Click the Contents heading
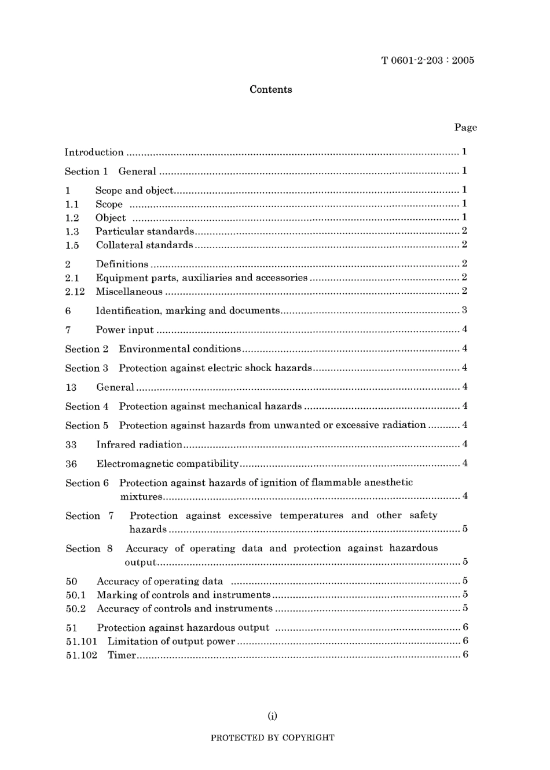coord(271,89)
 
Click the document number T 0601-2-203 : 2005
coord(428,60)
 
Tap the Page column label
coord(465,128)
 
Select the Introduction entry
coord(94,152)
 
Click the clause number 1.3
coord(72,231)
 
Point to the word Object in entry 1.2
coord(111,218)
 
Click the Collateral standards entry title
coord(145,245)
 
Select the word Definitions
coord(122,264)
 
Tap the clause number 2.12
coord(75,292)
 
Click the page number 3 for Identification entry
coord(464,310)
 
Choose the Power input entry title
coord(125,330)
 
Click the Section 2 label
coord(87,349)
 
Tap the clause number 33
coord(71,445)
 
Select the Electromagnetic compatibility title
coord(168,464)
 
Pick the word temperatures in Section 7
coord(311,515)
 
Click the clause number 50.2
coord(76,609)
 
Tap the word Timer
coord(122,655)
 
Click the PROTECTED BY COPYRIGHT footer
coord(272,738)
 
